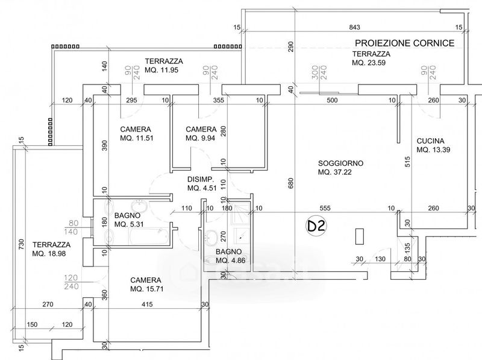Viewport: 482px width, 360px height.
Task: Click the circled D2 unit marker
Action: click(x=316, y=226)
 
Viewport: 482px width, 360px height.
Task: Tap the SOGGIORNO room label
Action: click(x=340, y=163)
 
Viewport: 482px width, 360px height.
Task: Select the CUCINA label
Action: click(x=430, y=141)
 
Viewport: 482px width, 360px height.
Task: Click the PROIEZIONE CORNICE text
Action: click(x=404, y=43)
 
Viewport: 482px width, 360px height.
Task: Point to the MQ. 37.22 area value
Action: click(x=335, y=172)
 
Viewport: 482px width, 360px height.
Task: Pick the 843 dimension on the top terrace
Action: click(x=354, y=27)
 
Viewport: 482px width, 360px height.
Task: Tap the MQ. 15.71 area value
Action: click(x=146, y=289)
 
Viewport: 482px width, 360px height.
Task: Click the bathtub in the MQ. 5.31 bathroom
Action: click(x=149, y=236)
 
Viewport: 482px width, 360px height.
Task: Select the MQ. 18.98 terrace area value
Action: click(x=49, y=254)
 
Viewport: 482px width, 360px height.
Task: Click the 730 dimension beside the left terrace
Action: click(x=21, y=244)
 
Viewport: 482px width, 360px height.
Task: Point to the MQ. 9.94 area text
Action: click(x=200, y=138)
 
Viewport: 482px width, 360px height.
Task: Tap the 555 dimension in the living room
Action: click(x=325, y=208)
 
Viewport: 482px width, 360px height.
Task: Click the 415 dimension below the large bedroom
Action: click(x=147, y=305)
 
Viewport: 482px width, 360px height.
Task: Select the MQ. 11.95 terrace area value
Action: click(x=161, y=70)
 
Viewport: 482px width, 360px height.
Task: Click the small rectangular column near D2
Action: click(x=360, y=236)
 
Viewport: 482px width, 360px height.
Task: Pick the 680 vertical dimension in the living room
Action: click(x=291, y=183)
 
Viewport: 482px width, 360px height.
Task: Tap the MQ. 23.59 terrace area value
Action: click(x=369, y=63)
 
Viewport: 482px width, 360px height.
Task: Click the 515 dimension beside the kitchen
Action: click(x=408, y=162)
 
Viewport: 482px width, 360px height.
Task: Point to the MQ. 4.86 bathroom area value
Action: click(x=231, y=261)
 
